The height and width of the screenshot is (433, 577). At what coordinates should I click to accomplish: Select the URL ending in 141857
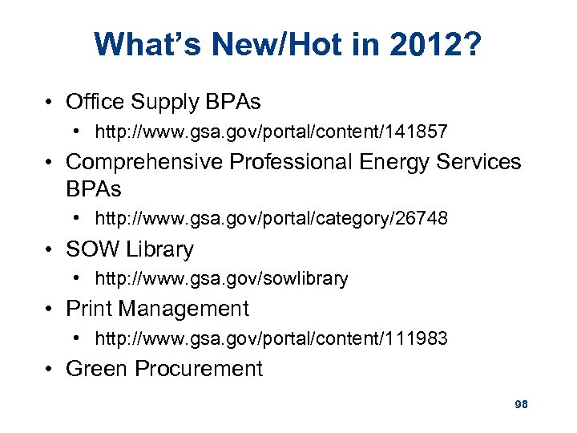click(x=271, y=131)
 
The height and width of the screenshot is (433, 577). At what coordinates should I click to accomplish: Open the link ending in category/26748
click(x=271, y=219)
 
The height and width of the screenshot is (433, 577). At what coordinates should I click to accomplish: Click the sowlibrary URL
click(x=221, y=279)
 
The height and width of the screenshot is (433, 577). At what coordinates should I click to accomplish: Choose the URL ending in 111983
click(x=271, y=339)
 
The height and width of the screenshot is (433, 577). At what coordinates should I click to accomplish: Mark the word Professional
click(x=290, y=162)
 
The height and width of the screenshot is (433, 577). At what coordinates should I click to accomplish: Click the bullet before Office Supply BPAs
click(x=50, y=103)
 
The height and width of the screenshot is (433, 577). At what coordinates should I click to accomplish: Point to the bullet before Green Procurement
click(x=50, y=369)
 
